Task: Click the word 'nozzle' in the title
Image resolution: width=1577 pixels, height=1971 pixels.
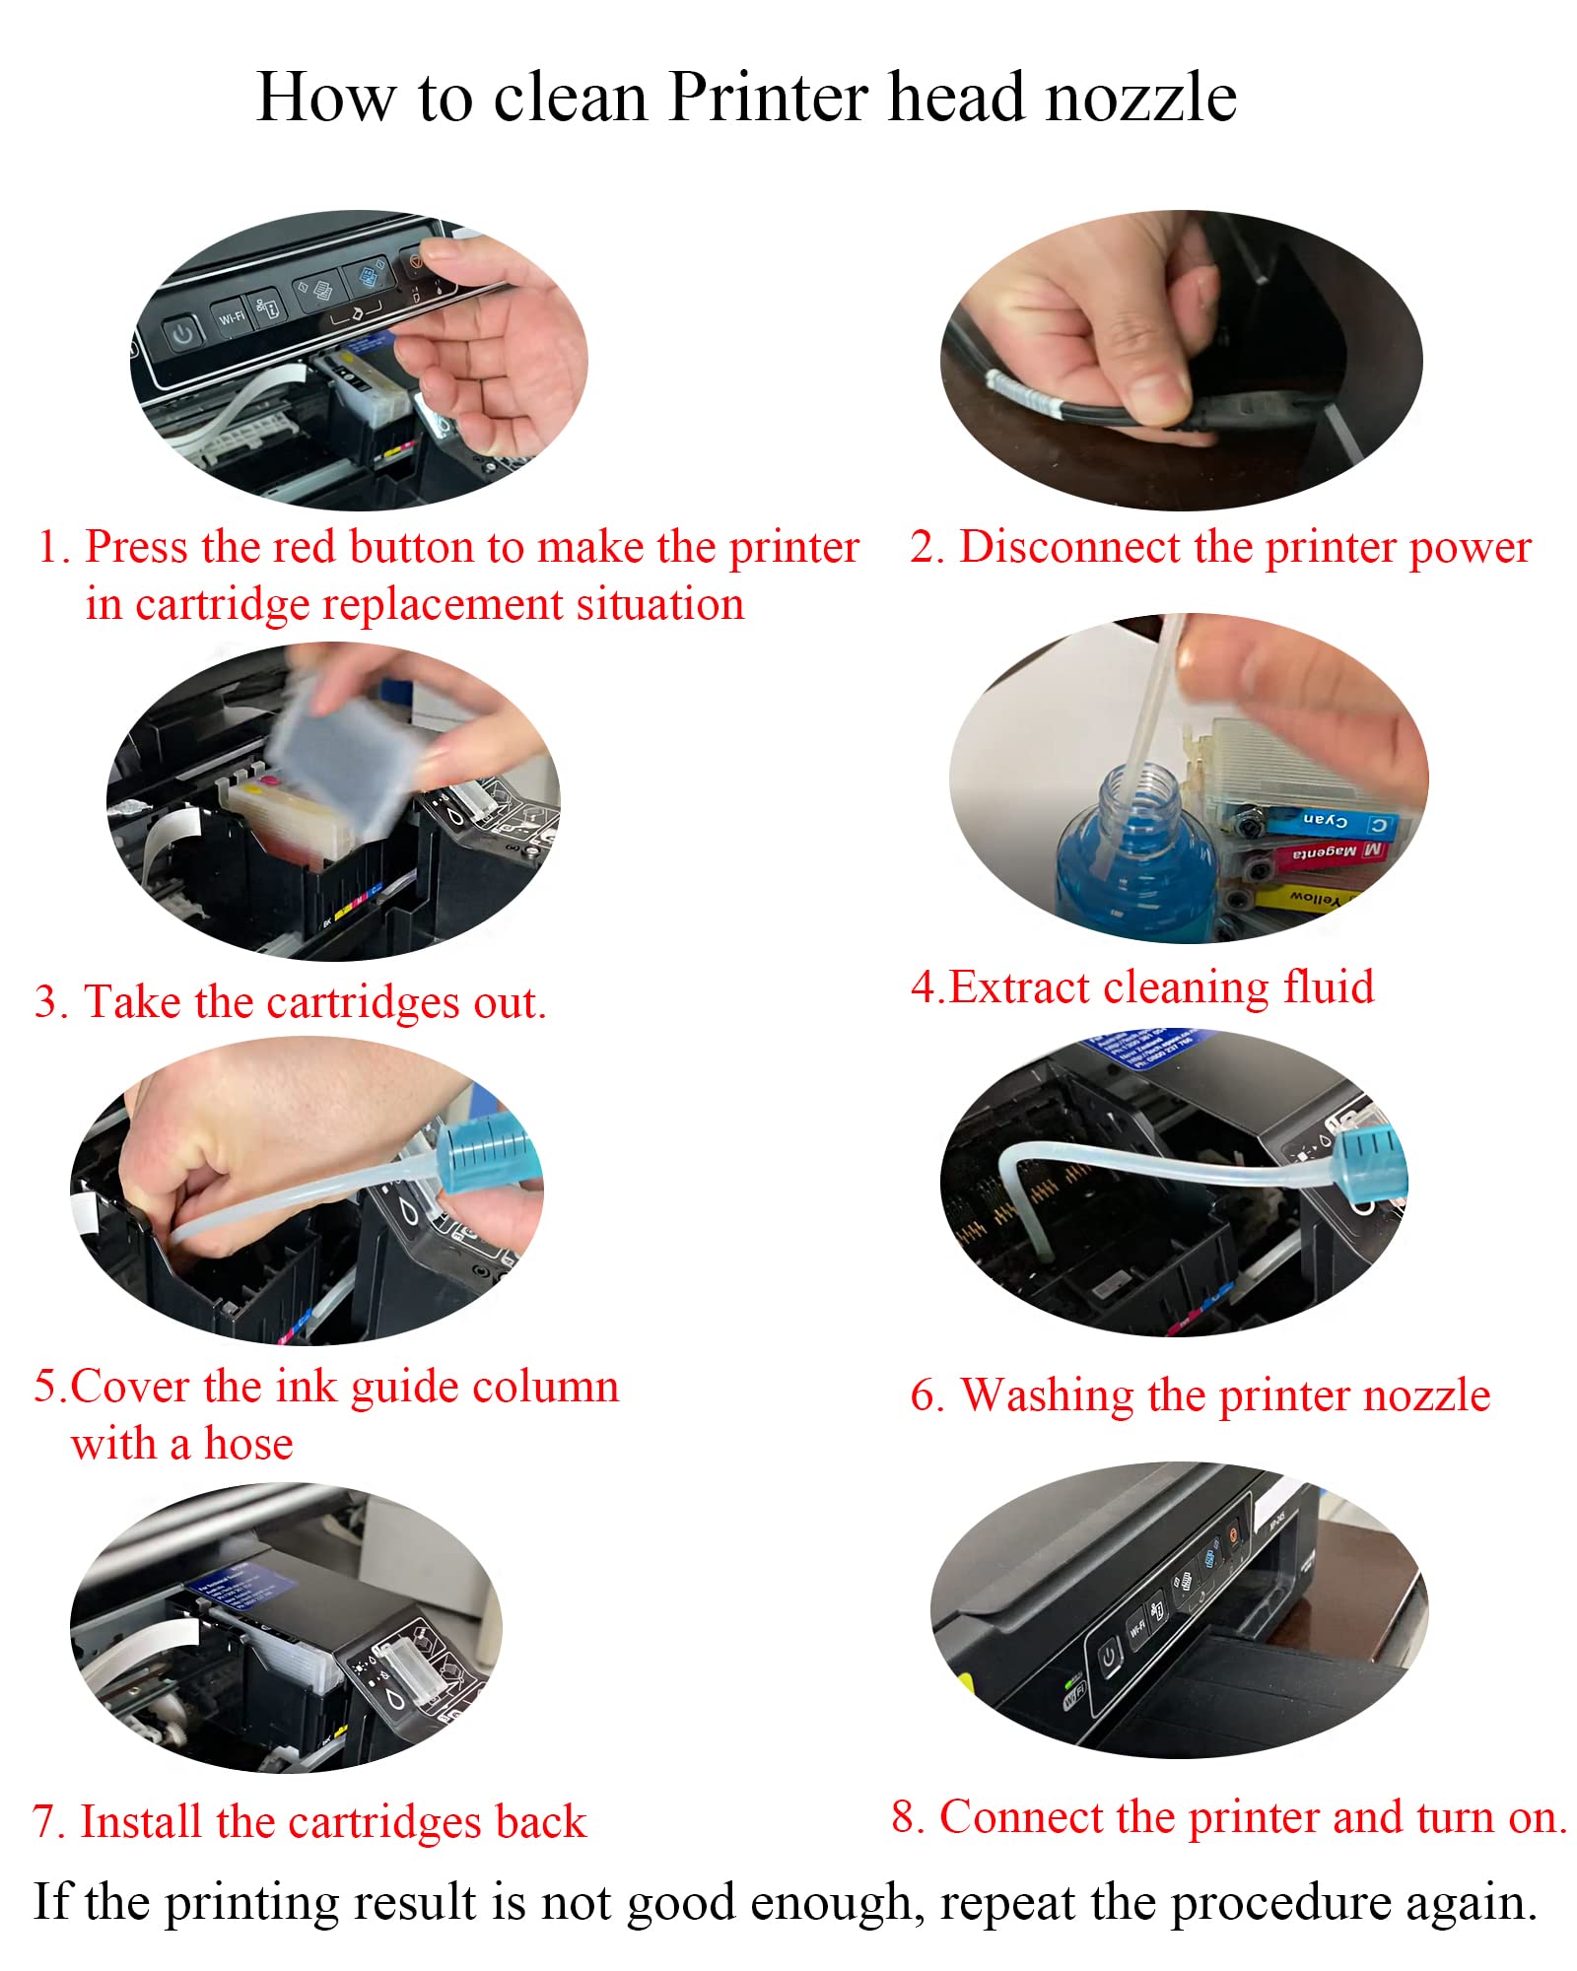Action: point(1140,98)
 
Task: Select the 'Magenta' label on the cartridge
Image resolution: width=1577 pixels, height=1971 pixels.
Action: point(1324,851)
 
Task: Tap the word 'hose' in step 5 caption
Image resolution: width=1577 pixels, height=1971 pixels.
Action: point(248,1444)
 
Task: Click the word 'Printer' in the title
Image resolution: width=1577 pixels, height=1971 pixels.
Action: point(770,98)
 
